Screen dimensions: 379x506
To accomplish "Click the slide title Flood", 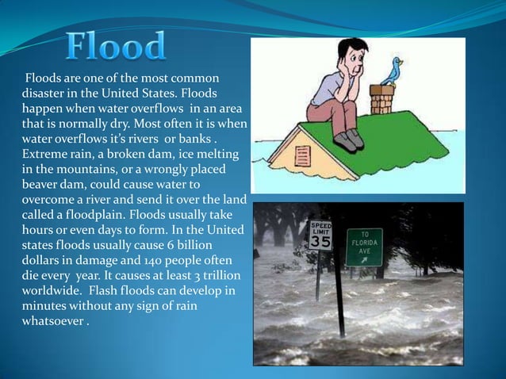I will tap(116, 47).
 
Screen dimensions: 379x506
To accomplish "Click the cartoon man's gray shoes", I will tap(348, 140).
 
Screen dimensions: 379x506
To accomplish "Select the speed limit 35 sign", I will tap(320, 235).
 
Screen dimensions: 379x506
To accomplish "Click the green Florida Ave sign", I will tap(364, 247).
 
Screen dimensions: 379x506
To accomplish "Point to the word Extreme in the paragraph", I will tap(44, 153).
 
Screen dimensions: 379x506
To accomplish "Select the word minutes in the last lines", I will tap(44, 307).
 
